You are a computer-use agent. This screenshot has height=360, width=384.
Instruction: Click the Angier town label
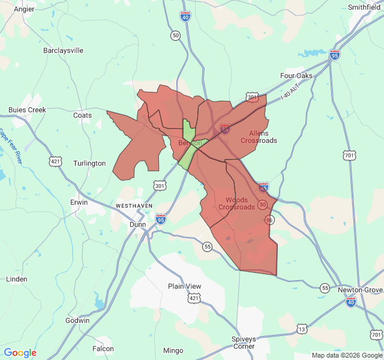click(x=24, y=9)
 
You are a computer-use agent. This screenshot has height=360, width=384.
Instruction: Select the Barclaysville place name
click(x=63, y=51)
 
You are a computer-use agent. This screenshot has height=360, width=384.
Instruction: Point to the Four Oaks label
click(x=296, y=76)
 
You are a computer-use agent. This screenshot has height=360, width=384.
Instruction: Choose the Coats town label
click(x=82, y=115)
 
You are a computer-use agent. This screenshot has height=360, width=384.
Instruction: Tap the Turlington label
click(x=89, y=163)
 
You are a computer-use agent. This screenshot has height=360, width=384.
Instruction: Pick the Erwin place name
click(x=79, y=202)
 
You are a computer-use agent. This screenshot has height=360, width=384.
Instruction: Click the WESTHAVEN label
click(x=134, y=206)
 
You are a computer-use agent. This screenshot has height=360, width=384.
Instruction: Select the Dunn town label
click(x=138, y=224)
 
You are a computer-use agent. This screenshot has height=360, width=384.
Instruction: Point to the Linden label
click(x=16, y=279)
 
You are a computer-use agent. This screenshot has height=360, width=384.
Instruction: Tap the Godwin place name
click(x=77, y=320)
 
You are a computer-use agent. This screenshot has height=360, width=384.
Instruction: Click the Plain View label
click(x=185, y=286)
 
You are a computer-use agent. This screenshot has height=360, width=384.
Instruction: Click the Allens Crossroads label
click(x=259, y=137)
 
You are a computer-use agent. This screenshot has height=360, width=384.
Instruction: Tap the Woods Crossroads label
click(x=236, y=203)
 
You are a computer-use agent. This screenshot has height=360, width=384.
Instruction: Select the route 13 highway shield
click(x=302, y=329)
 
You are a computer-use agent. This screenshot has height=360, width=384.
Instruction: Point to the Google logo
click(x=20, y=353)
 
